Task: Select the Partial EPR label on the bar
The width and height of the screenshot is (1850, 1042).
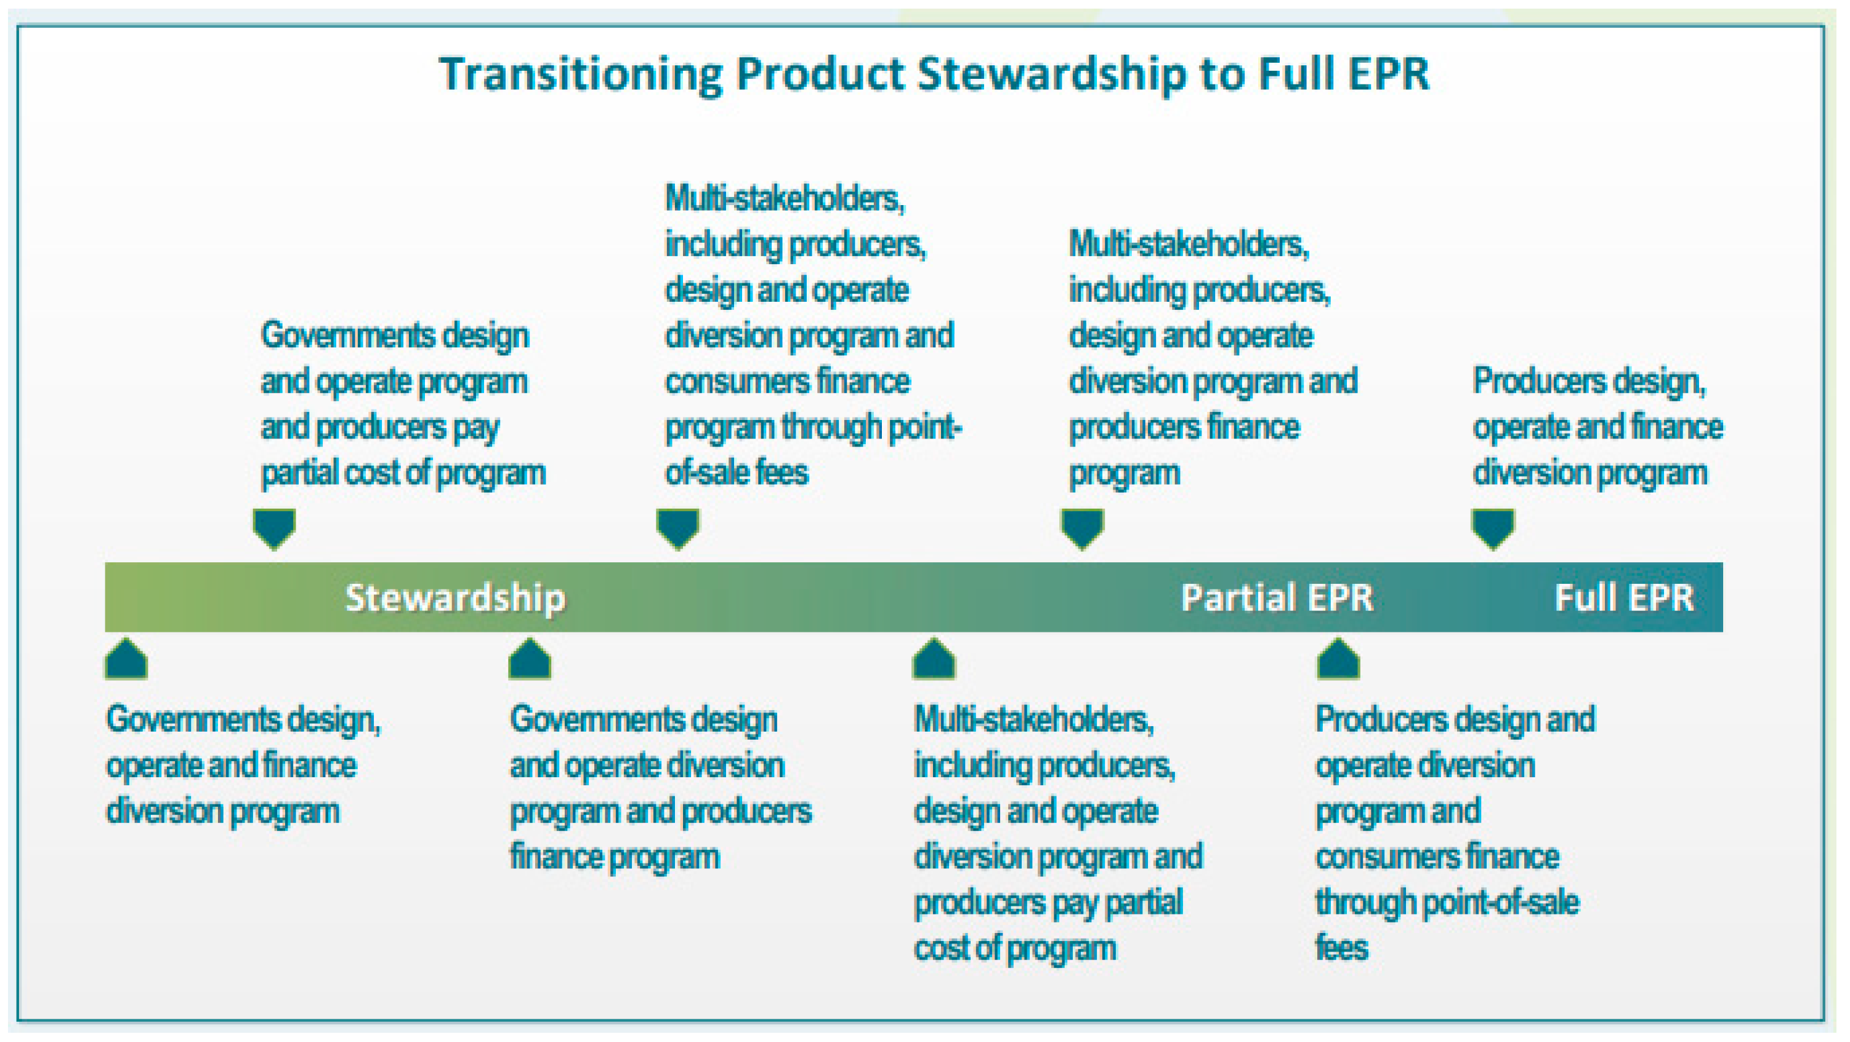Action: point(1277,597)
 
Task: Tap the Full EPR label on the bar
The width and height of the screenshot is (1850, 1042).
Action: point(1624,597)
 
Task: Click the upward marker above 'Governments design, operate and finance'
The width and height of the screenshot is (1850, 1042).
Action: point(126,658)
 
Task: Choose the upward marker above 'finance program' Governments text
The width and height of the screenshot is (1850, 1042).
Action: point(530,658)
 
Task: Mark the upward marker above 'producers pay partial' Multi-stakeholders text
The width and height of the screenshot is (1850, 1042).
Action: point(934,658)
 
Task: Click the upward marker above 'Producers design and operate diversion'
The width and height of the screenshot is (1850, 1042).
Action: point(1338,658)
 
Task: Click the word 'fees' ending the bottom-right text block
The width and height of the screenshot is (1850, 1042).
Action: point(1341,947)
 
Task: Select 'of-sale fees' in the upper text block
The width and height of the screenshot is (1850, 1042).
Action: point(737,472)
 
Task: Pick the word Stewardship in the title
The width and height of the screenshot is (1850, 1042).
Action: point(1051,75)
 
